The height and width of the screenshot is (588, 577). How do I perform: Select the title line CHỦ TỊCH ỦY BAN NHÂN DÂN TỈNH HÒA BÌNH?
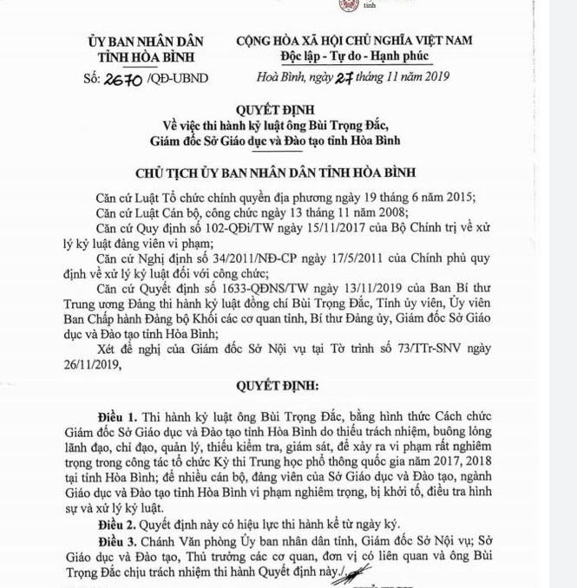286,173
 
